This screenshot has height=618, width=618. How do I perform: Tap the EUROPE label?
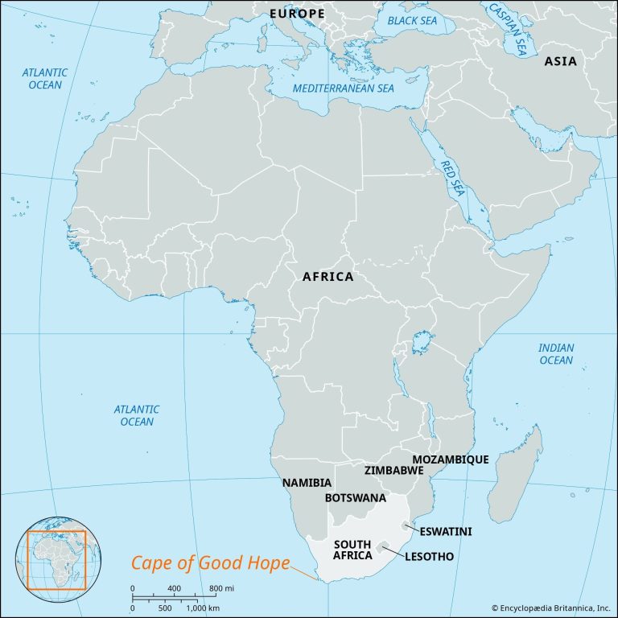297,14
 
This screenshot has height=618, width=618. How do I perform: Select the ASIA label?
560,61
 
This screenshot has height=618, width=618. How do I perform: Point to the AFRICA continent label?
328,277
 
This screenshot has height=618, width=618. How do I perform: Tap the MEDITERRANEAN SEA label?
344,88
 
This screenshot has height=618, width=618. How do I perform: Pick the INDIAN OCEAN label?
556,354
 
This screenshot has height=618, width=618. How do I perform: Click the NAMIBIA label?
307,483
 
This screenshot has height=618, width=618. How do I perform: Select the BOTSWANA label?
355,498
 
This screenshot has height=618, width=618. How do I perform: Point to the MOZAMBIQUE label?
451,459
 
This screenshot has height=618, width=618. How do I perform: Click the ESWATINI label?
445,531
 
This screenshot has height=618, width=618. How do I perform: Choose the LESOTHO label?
430,556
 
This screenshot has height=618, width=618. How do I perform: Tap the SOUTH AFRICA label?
352,550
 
